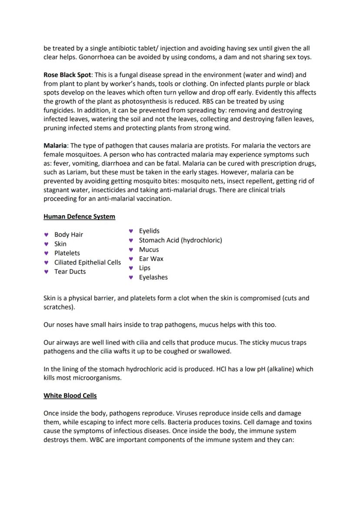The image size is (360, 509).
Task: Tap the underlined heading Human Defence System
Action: [x=79, y=216]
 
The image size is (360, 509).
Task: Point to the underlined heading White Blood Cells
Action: [x=70, y=396]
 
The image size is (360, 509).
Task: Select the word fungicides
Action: [x=60, y=110]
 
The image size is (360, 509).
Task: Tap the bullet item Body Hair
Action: [x=69, y=235]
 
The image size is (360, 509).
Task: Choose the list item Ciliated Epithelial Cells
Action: [x=87, y=263]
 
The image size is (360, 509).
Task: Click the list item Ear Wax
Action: [x=151, y=259]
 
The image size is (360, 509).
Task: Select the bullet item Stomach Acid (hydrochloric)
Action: [x=180, y=240]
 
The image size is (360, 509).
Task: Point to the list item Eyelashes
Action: [x=153, y=277]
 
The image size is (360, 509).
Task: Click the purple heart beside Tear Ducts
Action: [x=46, y=272]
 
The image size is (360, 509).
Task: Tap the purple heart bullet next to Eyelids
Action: [x=130, y=231]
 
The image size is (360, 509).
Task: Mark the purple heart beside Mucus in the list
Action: [x=130, y=250]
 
